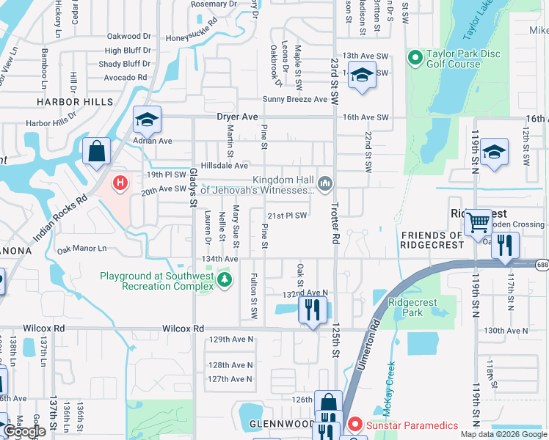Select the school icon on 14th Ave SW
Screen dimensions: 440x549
[362, 75]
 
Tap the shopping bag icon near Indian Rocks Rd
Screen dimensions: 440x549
[96, 152]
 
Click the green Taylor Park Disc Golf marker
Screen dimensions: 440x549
[415, 56]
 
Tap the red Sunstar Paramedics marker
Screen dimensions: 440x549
[355, 425]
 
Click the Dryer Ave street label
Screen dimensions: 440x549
[237, 117]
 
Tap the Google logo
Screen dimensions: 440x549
[24, 431]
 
